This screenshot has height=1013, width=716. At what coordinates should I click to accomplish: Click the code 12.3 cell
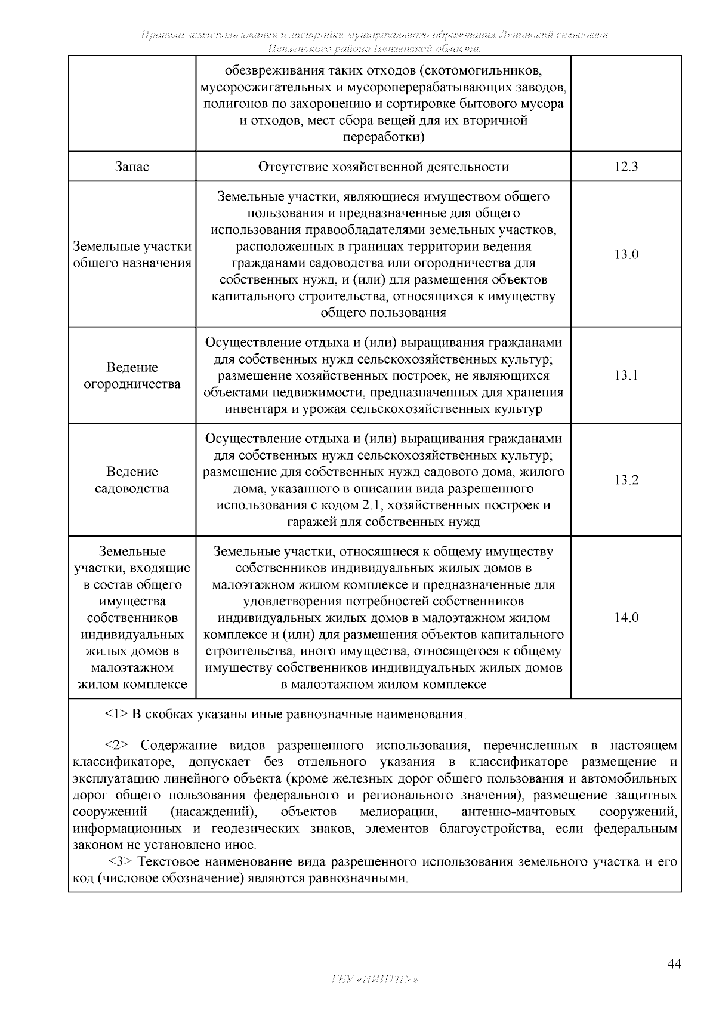pos(626,167)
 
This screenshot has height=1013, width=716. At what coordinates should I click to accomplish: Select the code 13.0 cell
pos(626,254)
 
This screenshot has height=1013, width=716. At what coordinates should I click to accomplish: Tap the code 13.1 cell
pos(626,375)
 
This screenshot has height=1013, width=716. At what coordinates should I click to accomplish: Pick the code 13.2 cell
pos(626,480)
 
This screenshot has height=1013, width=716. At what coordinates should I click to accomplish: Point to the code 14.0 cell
pos(626,618)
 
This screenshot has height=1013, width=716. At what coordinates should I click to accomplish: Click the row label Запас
pos(132,167)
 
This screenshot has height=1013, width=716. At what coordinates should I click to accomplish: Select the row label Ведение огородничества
pos(132,375)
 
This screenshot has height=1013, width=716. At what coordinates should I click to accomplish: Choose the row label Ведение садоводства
pos(132,480)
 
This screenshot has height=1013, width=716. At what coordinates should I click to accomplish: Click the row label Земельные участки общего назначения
pos(132,254)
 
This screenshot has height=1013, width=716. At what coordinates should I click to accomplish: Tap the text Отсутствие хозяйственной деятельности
pos(383,167)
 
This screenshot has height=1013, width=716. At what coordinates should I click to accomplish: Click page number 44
pos(674,964)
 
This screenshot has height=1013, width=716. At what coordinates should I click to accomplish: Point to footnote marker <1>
pos(116,714)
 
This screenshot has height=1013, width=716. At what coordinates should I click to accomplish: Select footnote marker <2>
pos(116,745)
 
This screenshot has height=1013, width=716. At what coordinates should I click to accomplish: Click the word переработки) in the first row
pos(383,137)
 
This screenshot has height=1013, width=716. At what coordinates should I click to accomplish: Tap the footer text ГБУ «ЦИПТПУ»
pos(374,980)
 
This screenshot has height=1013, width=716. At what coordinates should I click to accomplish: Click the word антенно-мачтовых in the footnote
pos(518,812)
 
